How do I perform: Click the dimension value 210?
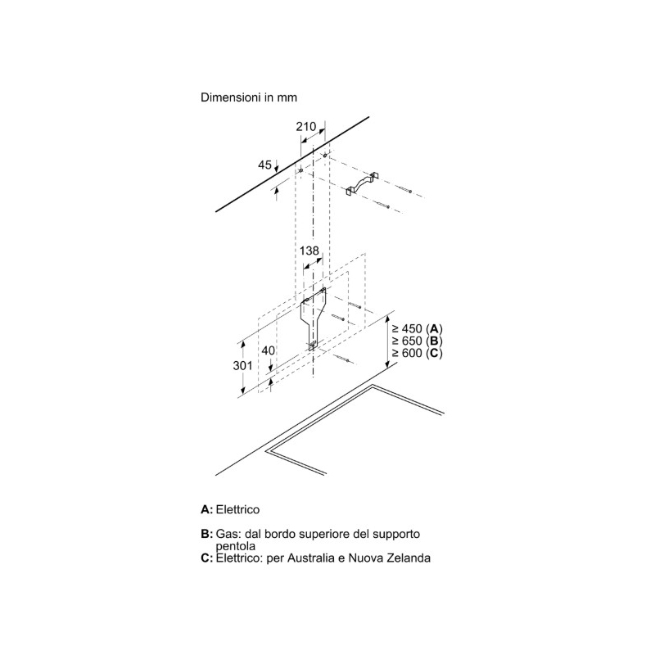tap(306, 126)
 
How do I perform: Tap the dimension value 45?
tap(264, 165)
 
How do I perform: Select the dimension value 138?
tap(309, 251)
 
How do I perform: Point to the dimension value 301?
tap(242, 366)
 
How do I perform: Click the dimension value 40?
tap(268, 351)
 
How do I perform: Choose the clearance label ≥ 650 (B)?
tap(417, 341)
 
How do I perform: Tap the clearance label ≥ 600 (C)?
tap(417, 353)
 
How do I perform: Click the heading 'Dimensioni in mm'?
tap(248, 97)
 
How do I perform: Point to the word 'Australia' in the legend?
tap(316, 558)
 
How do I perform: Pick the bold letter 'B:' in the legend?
tap(206, 534)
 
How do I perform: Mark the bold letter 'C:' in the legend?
tap(206, 558)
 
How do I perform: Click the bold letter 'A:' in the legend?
tap(206, 509)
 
